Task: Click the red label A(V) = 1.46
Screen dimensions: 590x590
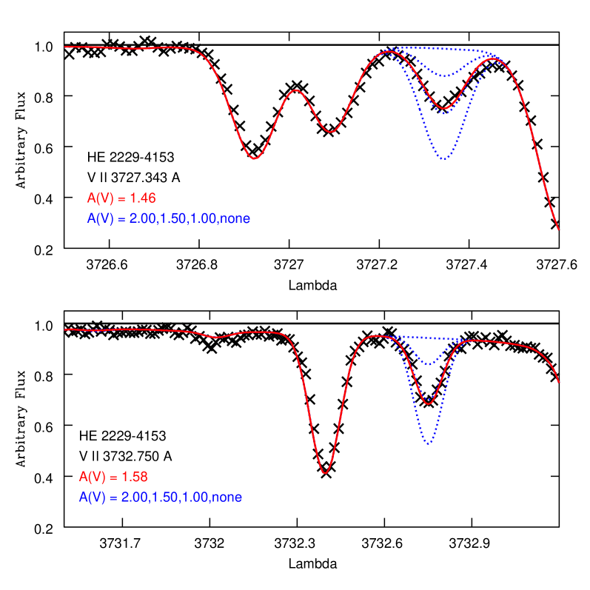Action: click(x=121, y=198)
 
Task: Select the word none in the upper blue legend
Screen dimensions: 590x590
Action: click(x=235, y=219)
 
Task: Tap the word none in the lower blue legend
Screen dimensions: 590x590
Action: click(x=227, y=497)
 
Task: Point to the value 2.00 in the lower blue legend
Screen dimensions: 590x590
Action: click(x=125, y=497)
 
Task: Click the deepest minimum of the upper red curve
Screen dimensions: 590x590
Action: click(x=254, y=158)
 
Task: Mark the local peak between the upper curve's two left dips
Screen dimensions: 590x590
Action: click(x=296, y=90)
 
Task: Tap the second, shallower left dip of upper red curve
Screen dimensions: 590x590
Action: click(x=331, y=132)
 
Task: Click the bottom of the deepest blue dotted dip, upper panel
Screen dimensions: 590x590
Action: click(x=443, y=159)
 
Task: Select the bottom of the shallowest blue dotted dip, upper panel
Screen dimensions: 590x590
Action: click(x=443, y=76)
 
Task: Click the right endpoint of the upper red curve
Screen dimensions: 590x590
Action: click(x=559, y=229)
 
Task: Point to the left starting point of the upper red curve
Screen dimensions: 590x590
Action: click(x=65, y=47)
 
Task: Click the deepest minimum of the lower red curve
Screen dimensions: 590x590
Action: click(x=324, y=472)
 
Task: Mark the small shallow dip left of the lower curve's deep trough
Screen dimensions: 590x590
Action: click(x=216, y=338)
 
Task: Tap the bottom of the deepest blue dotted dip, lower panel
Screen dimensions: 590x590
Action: click(x=429, y=444)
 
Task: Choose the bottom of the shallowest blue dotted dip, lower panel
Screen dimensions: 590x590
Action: click(x=429, y=363)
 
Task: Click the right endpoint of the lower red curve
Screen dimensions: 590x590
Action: click(x=559, y=382)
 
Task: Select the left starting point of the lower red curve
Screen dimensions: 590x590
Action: click(x=65, y=329)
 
